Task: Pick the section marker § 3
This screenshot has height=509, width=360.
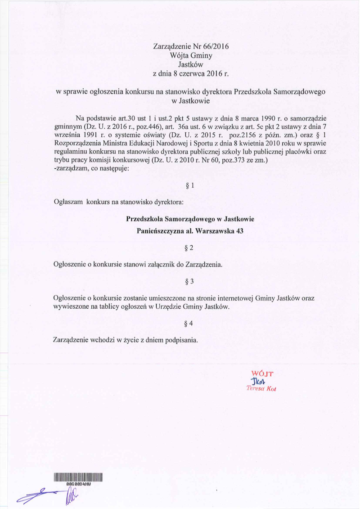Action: click(189, 282)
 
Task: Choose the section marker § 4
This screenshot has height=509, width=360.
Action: click(189, 324)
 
